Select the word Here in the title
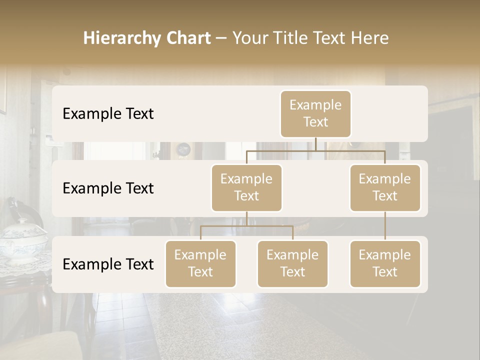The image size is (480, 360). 369,38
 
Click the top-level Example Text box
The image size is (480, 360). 315,113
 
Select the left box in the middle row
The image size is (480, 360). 246,187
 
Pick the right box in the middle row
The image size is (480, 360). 385,187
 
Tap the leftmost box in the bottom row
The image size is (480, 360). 200,263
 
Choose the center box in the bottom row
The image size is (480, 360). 292,263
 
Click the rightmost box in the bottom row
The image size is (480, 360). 385,263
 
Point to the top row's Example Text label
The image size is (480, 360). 108,114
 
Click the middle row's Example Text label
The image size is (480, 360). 108,188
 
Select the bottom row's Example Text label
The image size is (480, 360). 108,264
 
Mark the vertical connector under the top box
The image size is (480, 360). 315,144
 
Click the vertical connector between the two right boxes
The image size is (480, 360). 385,226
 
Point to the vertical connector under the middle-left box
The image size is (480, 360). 246,218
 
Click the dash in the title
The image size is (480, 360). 221,38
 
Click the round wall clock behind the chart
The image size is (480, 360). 183,148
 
